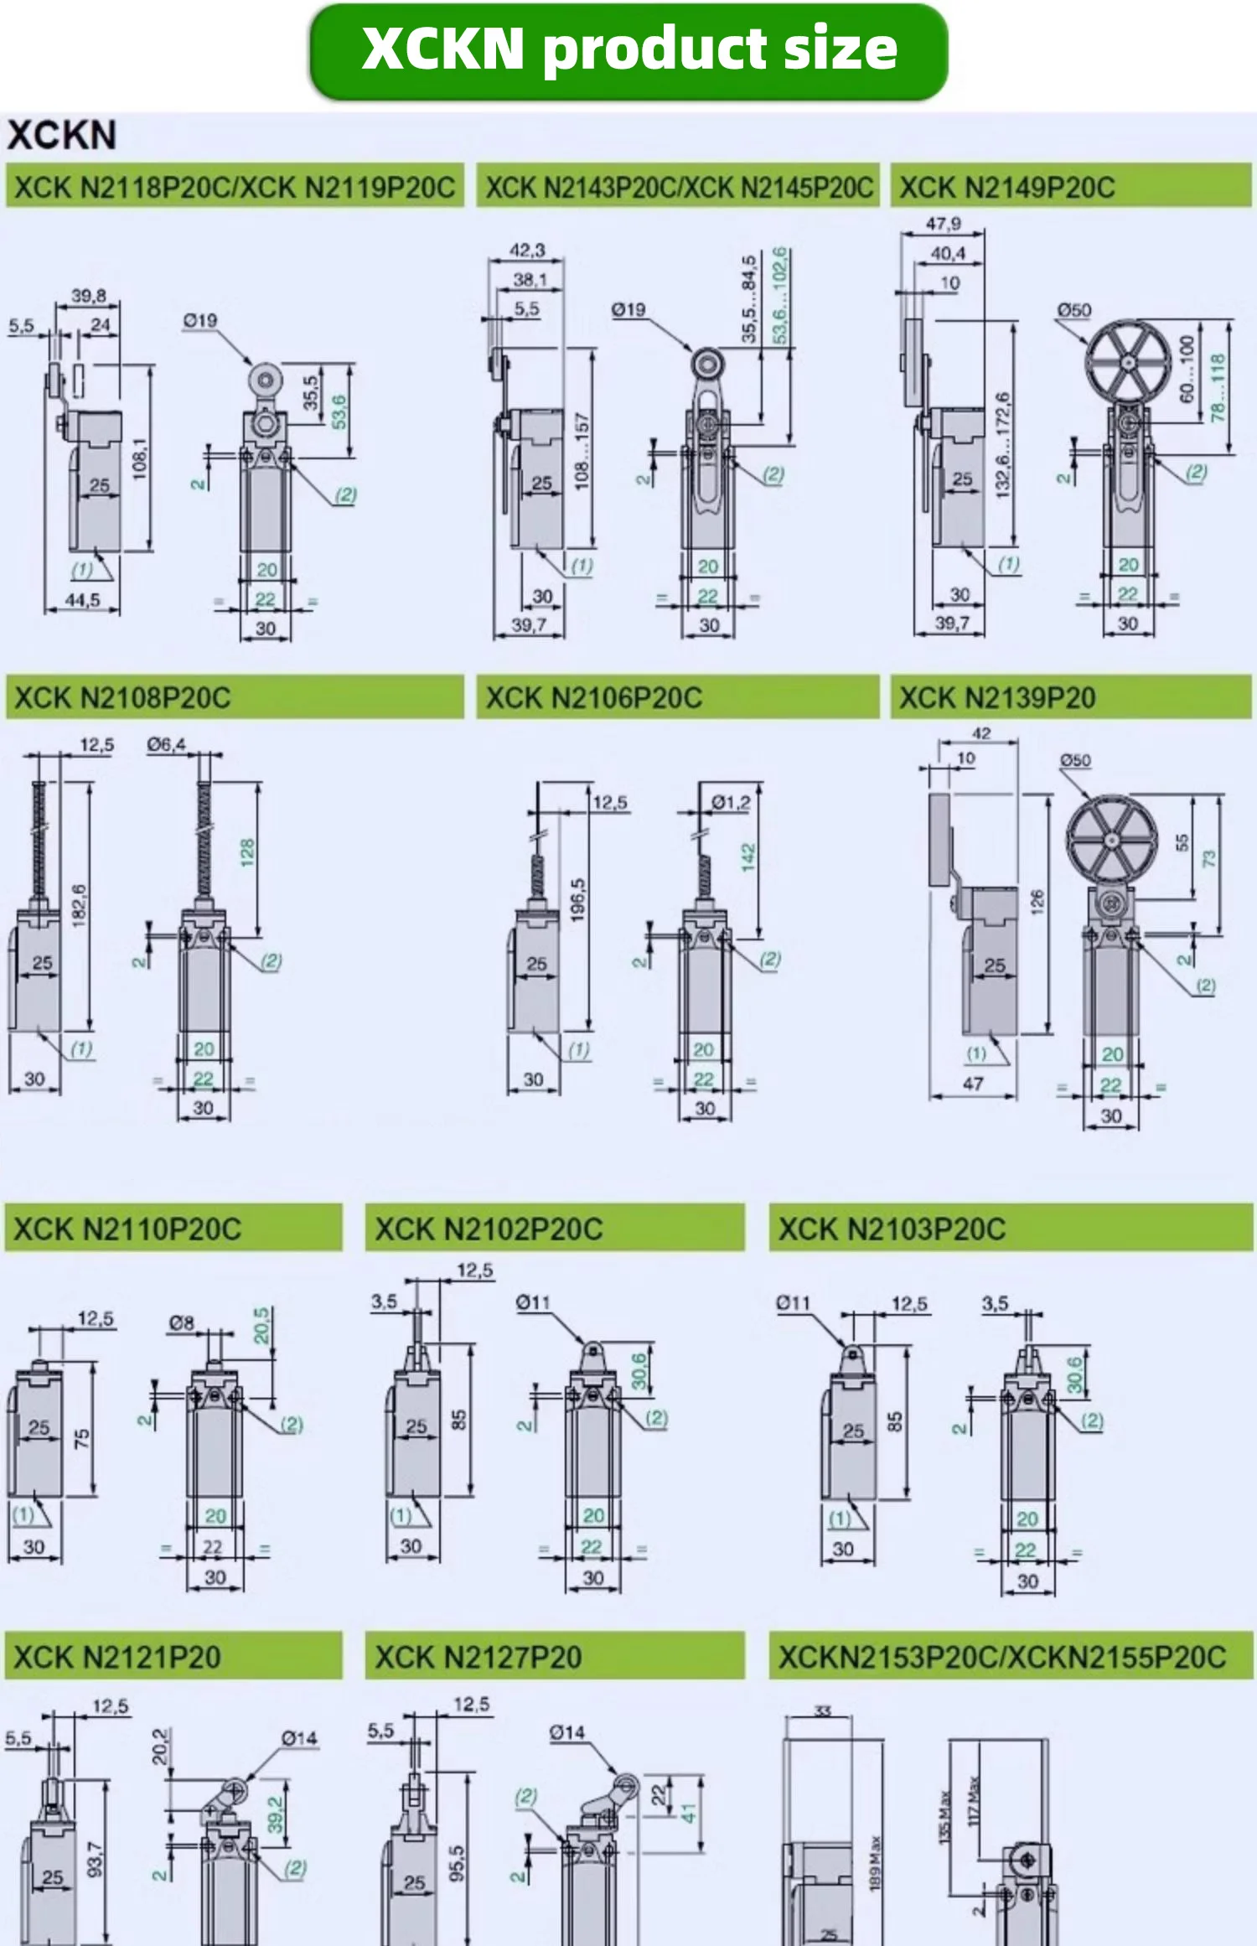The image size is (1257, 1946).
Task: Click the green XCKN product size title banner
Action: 628,50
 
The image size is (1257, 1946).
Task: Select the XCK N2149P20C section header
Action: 1006,187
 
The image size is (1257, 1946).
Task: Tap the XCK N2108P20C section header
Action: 122,698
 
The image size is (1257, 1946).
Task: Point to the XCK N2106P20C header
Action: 593,698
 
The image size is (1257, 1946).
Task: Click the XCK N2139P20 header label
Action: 997,698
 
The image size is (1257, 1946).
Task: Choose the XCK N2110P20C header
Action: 127,1229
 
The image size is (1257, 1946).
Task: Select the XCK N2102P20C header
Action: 489,1229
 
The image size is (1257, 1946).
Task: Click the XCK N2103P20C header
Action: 892,1229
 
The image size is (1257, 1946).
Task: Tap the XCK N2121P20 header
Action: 117,1658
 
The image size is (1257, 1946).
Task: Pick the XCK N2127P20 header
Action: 478,1658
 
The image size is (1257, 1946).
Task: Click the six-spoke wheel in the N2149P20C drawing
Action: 1128,362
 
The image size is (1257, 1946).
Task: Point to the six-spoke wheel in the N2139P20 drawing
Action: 1111,838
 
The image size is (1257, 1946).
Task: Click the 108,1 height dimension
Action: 140,459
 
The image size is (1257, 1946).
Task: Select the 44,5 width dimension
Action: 82,600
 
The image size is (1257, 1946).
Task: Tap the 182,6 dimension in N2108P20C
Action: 79,905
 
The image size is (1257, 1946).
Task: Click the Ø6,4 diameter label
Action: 166,744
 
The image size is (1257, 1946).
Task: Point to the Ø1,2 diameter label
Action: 731,803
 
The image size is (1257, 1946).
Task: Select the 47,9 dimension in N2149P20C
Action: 943,224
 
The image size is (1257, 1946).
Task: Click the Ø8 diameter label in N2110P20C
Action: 182,1322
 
